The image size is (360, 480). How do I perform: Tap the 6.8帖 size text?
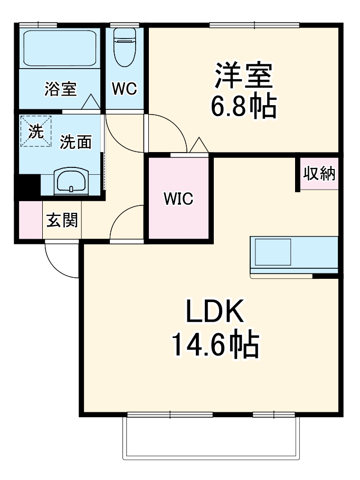point(243,107)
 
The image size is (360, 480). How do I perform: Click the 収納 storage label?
point(319,174)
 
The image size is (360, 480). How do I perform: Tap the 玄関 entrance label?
point(62,220)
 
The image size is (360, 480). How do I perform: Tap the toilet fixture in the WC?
point(125,46)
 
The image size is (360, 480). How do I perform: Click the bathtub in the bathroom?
point(58,48)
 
